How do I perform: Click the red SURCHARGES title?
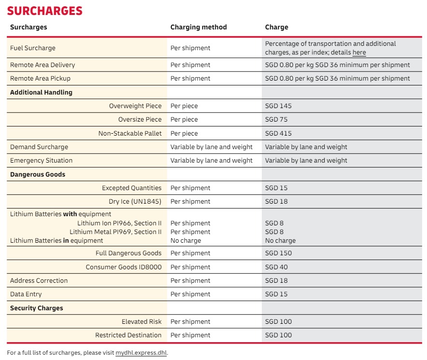click(x=45, y=11)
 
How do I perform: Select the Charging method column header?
click(x=198, y=27)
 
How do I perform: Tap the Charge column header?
click(x=276, y=27)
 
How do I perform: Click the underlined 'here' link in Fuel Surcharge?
click(x=359, y=53)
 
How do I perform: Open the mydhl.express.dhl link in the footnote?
click(x=141, y=353)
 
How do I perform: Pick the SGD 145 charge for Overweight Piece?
click(x=278, y=106)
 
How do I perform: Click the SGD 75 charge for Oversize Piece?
click(x=276, y=119)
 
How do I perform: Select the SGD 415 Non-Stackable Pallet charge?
click(x=278, y=133)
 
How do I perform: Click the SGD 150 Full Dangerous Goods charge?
click(x=278, y=253)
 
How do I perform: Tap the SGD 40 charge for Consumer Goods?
click(x=276, y=267)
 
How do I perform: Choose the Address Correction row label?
click(x=39, y=280)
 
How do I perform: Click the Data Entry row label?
click(x=26, y=294)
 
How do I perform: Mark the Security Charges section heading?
click(x=36, y=308)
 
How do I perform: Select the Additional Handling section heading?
click(x=41, y=92)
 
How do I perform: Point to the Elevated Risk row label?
click(x=142, y=321)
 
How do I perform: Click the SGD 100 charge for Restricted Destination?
click(x=278, y=335)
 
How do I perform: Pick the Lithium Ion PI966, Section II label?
click(x=119, y=223)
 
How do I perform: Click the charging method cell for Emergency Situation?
click(x=211, y=160)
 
